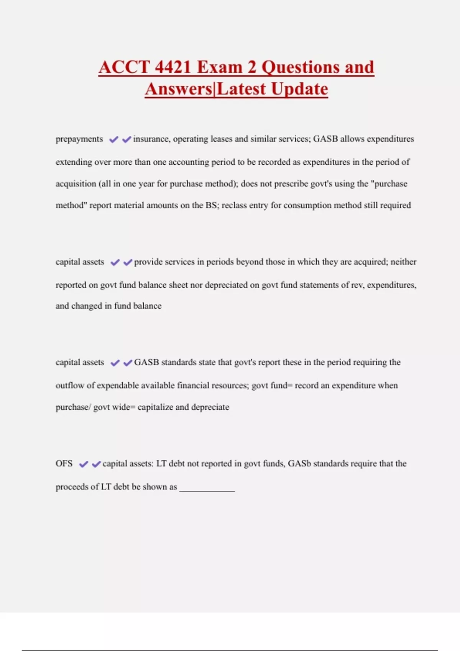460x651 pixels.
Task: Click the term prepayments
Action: pyautogui.click(x=79, y=139)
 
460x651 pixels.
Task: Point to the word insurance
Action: pyautogui.click(x=151, y=139)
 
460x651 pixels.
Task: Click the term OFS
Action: pyautogui.click(x=64, y=464)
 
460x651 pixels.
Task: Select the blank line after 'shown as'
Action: pyautogui.click(x=207, y=487)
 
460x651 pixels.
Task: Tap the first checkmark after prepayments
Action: pyautogui.click(x=113, y=140)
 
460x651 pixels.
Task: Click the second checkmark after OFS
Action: pyautogui.click(x=96, y=465)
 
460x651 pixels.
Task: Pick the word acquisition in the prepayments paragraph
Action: pyautogui.click(x=76, y=184)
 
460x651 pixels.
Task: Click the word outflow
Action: pyautogui.click(x=70, y=386)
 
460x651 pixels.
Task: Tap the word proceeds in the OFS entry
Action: pyautogui.click(x=72, y=487)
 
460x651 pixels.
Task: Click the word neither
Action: pyautogui.click(x=403, y=262)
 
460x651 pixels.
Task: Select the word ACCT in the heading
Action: pyautogui.click(x=123, y=67)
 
